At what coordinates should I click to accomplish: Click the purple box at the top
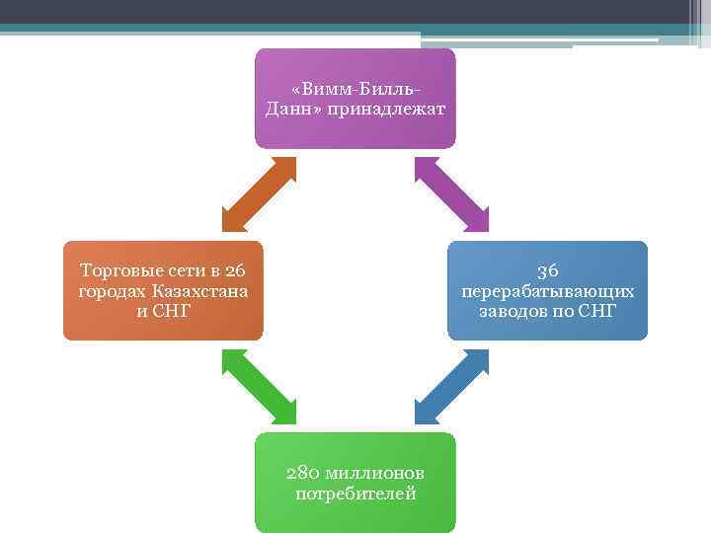tap(355, 99)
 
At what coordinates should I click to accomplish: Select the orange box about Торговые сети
tap(163, 290)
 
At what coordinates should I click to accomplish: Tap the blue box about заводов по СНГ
tap(548, 290)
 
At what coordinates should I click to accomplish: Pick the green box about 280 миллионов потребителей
tap(355, 482)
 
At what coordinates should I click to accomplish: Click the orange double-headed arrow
tap(259, 193)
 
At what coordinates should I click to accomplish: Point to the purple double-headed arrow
tap(451, 193)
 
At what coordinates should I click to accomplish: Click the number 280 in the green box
tap(301, 472)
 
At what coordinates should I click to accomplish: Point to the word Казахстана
tap(200, 291)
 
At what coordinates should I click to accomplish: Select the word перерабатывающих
tap(548, 291)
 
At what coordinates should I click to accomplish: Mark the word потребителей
tap(355, 493)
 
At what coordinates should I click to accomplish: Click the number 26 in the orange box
tap(235, 271)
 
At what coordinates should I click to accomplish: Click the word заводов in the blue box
tap(513, 311)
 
